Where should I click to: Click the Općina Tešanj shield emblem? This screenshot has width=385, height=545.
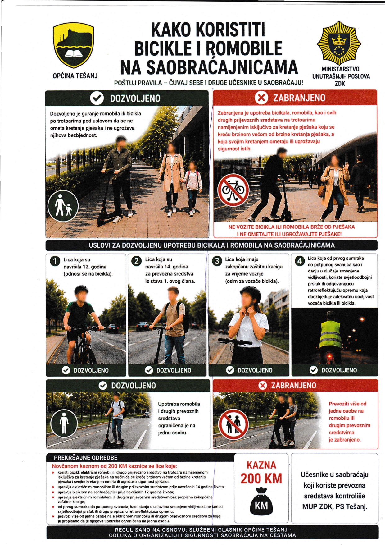(74, 46)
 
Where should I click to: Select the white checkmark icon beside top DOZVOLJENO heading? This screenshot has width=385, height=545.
(97, 98)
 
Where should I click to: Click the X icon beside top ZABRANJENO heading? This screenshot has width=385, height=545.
(261, 98)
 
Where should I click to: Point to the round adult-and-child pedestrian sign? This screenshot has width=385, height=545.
(63, 206)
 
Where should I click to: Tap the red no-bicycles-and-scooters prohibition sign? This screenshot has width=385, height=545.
(233, 190)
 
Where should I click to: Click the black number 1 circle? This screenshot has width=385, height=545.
(55, 261)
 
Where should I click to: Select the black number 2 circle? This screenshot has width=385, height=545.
(136, 261)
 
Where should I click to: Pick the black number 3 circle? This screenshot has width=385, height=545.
(217, 261)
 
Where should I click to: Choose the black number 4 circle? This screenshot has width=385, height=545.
(299, 261)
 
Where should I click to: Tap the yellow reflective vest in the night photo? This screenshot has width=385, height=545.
(331, 334)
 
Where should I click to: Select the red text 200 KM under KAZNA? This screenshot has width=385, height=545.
(261, 479)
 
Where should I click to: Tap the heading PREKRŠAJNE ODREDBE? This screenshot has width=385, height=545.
(86, 458)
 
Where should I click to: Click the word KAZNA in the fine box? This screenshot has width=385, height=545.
(261, 465)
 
